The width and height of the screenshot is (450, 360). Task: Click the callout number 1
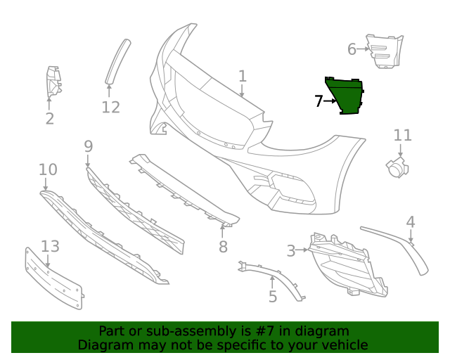(x=243, y=76)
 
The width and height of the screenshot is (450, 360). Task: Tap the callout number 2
(x=49, y=119)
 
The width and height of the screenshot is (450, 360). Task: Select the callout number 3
(x=291, y=250)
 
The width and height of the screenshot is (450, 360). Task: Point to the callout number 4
(x=411, y=222)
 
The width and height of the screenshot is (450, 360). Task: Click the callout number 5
(x=273, y=297)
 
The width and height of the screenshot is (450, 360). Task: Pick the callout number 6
(x=352, y=49)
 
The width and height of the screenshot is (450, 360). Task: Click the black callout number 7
(x=319, y=101)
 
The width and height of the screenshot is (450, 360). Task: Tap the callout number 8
(x=223, y=247)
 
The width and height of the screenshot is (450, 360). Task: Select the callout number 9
(x=88, y=146)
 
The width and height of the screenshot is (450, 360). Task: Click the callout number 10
(x=48, y=169)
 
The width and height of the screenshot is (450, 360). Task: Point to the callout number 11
(x=402, y=135)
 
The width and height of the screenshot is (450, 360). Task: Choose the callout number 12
(x=110, y=108)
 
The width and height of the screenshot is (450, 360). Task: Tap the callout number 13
(x=50, y=246)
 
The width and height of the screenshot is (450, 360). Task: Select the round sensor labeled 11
(x=396, y=167)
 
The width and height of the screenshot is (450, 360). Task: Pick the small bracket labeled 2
(x=52, y=82)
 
